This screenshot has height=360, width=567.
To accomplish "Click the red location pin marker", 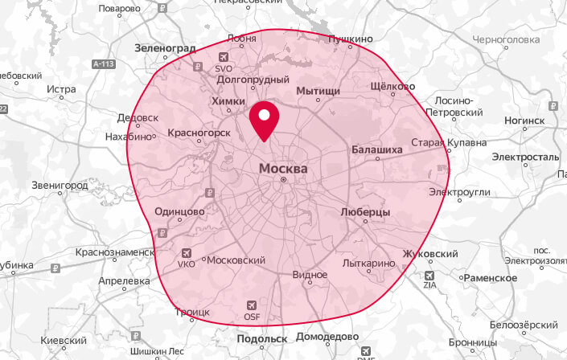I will (x=263, y=121).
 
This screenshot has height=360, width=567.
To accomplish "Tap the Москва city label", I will (x=282, y=169).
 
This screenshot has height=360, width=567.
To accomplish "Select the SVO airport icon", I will (x=224, y=56).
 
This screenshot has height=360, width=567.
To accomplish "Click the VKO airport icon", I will (x=187, y=252).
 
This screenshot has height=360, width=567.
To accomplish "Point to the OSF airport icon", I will (x=252, y=305).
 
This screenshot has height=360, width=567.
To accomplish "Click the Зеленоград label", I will (x=166, y=48).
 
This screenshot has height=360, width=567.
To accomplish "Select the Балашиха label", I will (x=376, y=149).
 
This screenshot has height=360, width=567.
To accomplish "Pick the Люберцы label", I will (x=365, y=212).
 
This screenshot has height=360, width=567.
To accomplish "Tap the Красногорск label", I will (x=199, y=133).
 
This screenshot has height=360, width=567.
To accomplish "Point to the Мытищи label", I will (x=318, y=92).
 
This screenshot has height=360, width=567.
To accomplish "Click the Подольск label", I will (x=262, y=339).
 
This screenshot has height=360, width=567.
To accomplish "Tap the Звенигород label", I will (x=60, y=185).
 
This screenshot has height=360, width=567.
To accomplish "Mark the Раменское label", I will (x=490, y=277).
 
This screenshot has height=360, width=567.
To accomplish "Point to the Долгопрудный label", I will (x=253, y=80).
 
